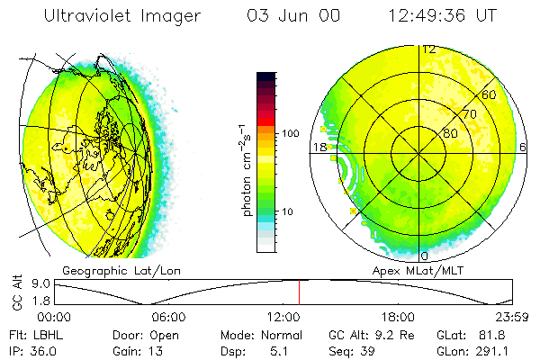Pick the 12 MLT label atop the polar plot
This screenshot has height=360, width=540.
pos(429,49)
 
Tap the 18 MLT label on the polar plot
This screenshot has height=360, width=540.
pos(319,147)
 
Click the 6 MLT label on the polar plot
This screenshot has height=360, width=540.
pos(523,147)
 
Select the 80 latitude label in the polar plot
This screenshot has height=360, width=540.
pos(451,132)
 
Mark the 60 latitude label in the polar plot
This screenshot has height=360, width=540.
pos(490,94)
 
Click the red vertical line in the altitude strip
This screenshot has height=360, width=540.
pos(300,292)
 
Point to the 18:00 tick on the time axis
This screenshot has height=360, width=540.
pos(397,317)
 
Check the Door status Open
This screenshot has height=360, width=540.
pos(164,333)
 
